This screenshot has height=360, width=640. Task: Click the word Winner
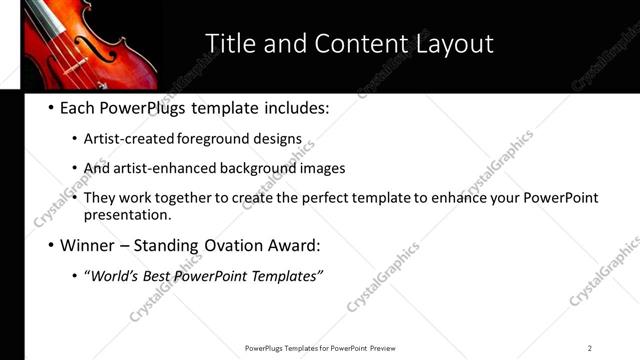coord(92,245)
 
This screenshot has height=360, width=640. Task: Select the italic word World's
coord(114,276)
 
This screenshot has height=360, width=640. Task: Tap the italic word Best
coord(158,276)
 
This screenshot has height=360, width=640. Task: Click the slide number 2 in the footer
coord(590,348)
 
